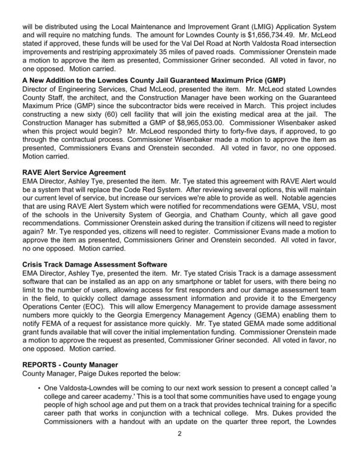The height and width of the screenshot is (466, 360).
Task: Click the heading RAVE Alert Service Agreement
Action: pyautogui.click(x=74, y=172)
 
